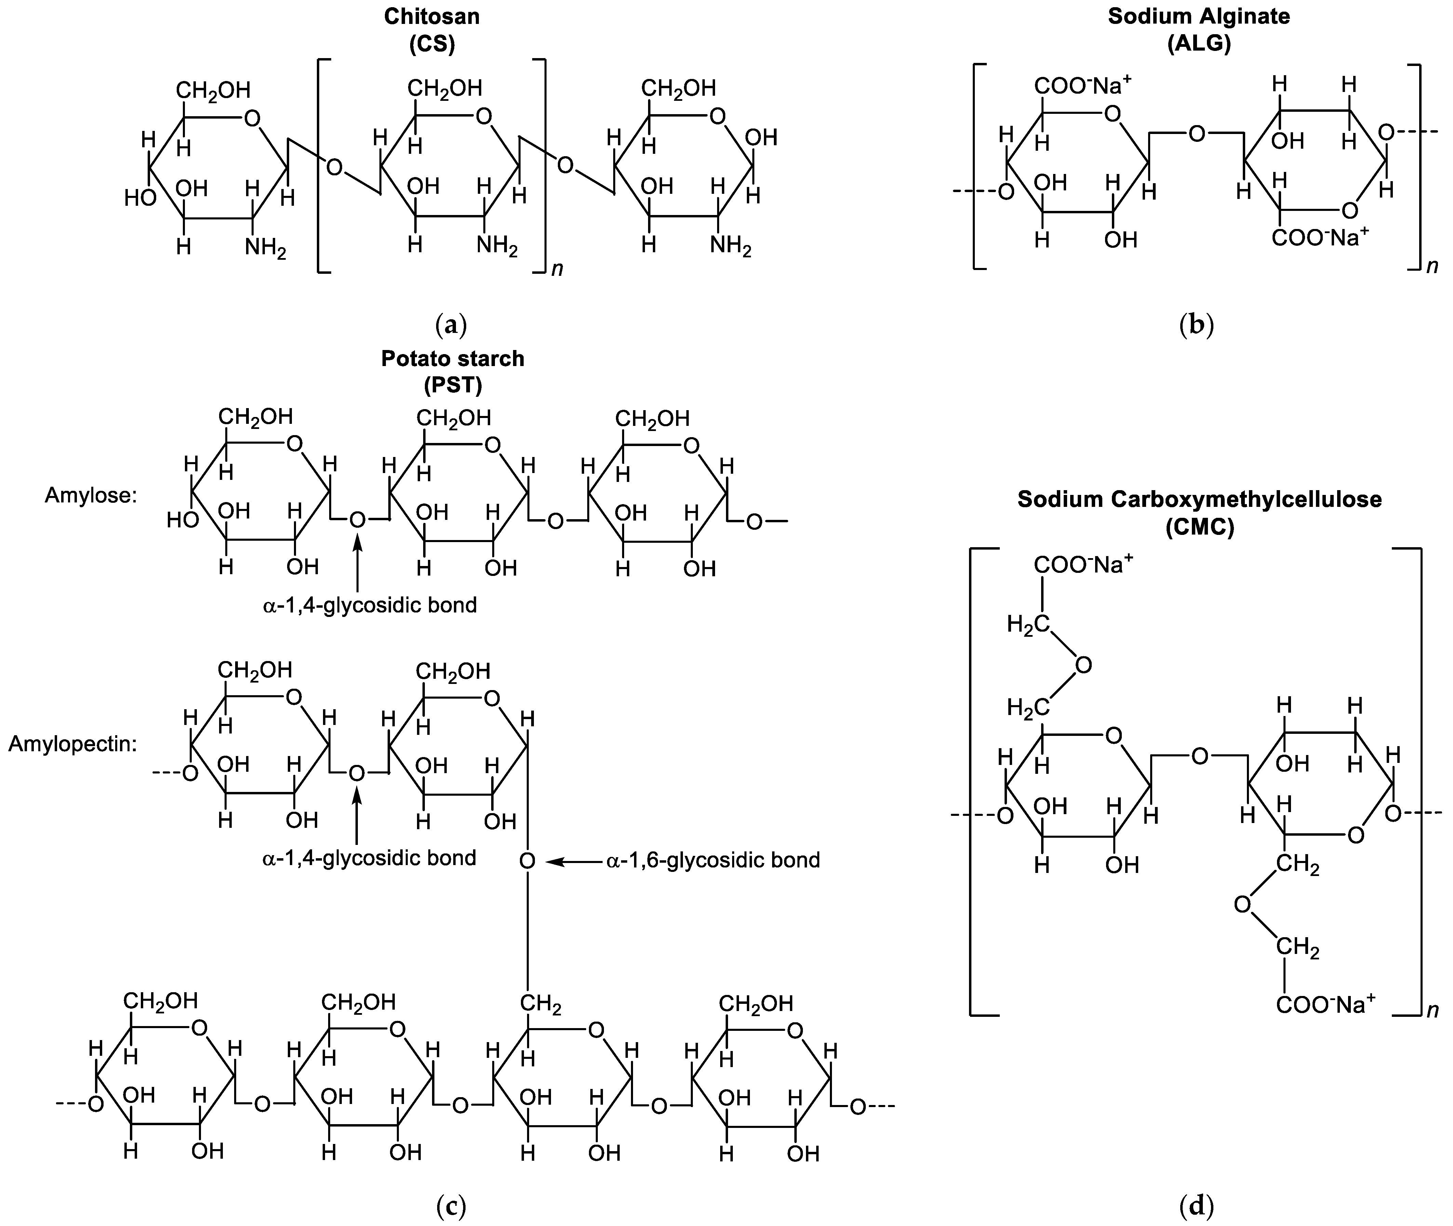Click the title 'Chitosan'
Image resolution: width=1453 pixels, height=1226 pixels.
point(431,17)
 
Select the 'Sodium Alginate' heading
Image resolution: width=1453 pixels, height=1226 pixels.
point(1199,17)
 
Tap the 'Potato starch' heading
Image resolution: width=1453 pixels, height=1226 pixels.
point(452,359)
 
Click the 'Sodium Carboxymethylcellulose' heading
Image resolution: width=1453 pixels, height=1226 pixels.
point(1199,499)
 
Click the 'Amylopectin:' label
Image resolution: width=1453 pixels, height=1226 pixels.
point(72,744)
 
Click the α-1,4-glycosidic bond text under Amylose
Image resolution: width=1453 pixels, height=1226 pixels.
point(370,605)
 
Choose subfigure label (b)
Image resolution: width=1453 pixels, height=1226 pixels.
point(1197,324)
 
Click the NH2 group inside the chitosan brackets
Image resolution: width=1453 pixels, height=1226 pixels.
point(497,246)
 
